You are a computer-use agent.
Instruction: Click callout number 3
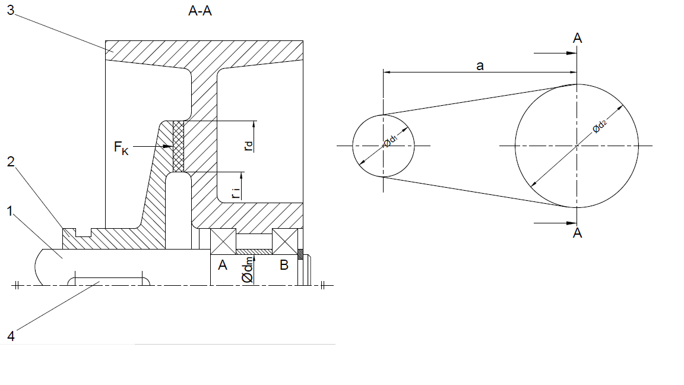pos(11,12)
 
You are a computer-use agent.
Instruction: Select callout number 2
pos(11,162)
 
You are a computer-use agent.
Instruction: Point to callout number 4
pos(11,335)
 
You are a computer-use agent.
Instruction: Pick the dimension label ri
pos(236,191)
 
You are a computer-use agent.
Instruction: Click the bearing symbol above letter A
pos(223,242)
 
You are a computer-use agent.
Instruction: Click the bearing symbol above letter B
pos(284,242)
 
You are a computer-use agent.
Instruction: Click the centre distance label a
pos(480,66)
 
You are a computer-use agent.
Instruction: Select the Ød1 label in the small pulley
pos(390,141)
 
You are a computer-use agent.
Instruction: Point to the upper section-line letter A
pos(577,38)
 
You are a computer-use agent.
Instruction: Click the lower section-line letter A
pos(577,233)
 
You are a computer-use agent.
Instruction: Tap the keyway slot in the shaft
pos(107,279)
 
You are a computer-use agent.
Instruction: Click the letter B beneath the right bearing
pos(284,265)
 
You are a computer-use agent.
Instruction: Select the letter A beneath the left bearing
pos(223,265)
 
